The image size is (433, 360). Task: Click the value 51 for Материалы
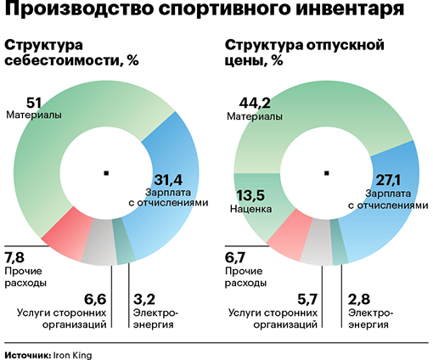click(x=34, y=103)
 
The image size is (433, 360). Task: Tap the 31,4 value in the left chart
click(x=168, y=180)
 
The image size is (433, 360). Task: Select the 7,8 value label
click(x=14, y=257)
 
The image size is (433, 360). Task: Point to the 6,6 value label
click(x=95, y=299)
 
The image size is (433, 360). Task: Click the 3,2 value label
click(x=144, y=299)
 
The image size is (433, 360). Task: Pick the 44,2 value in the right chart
click(x=255, y=103)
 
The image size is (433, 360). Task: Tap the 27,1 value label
click(x=388, y=180)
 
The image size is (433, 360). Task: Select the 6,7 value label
click(x=235, y=257)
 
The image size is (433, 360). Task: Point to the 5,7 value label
click(x=307, y=299)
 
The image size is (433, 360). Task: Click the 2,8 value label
click(x=359, y=299)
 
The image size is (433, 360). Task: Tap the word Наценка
click(x=250, y=209)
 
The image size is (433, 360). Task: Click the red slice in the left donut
click(x=68, y=236)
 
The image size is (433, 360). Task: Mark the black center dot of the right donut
click(x=327, y=173)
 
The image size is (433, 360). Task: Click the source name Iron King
click(x=72, y=356)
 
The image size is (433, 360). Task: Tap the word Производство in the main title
click(x=79, y=8)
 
